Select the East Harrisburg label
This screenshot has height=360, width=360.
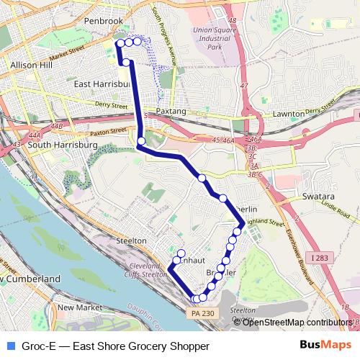102,84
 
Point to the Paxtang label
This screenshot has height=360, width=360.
171,113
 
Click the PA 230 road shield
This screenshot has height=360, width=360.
204,313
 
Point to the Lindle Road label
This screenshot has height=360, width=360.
336,208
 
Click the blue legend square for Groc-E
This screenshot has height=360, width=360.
10,346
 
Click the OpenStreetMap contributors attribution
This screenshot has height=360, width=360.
297,322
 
